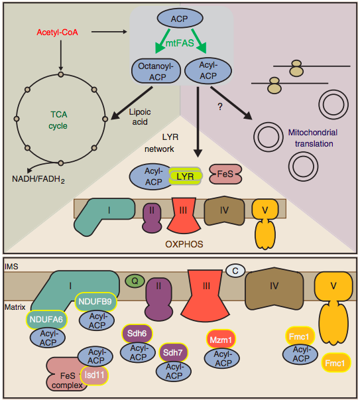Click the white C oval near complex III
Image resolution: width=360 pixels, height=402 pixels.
tap(235, 270)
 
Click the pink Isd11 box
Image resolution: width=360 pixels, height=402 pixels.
tap(94, 375)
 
